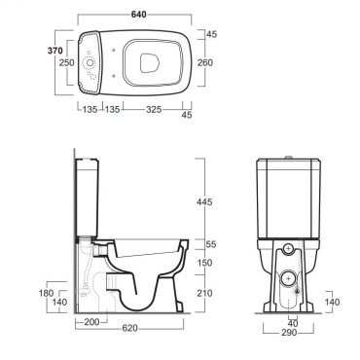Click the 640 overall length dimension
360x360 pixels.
click(x=138, y=15)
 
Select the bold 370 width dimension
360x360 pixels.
click(x=55, y=51)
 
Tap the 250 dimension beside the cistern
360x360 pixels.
click(x=66, y=62)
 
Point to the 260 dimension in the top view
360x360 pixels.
click(x=205, y=62)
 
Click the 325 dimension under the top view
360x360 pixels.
click(x=154, y=109)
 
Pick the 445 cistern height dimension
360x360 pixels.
click(x=204, y=201)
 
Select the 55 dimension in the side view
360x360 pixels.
click(x=211, y=244)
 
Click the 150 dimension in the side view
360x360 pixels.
click(x=204, y=263)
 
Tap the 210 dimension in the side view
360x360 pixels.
click(x=204, y=293)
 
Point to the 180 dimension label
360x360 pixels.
click(x=46, y=293)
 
